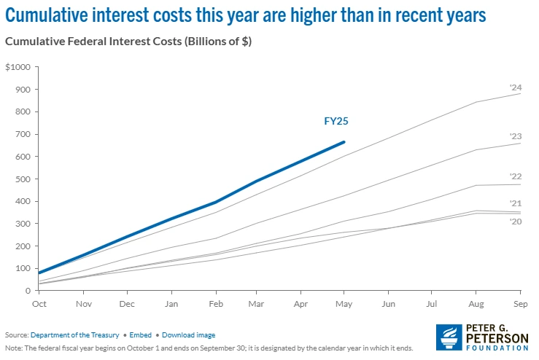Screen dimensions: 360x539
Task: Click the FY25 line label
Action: (336, 121)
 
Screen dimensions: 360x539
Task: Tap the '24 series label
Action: (515, 87)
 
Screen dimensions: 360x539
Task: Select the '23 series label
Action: (515, 136)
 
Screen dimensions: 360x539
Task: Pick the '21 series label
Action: (515, 203)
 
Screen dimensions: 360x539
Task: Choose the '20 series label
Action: (515, 220)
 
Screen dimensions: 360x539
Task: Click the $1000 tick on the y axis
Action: (18, 67)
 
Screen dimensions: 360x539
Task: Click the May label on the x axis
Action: (344, 302)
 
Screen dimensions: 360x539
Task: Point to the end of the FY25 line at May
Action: (344, 142)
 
